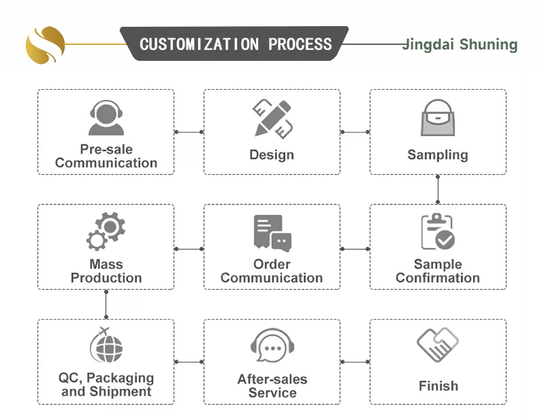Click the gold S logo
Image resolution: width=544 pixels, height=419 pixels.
tap(45, 45)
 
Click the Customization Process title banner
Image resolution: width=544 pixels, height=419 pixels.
tap(235, 43)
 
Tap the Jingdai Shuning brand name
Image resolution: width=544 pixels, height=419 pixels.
tap(460, 45)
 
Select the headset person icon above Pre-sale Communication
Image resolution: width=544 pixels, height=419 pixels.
tap(106, 118)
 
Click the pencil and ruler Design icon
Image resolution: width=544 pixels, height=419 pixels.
tap(272, 118)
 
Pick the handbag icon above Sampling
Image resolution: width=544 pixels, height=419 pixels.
tap(438, 118)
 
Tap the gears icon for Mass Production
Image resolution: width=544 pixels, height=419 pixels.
tap(106, 231)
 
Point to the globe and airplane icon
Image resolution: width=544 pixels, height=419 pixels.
tap(106, 347)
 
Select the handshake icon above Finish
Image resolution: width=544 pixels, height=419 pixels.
tap(438, 345)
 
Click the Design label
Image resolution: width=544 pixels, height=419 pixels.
tap(272, 154)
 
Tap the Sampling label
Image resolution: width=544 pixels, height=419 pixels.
tap(438, 154)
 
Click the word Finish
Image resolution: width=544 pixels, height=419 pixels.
tap(438, 385)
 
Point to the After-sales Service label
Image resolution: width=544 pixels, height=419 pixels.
tap(272, 386)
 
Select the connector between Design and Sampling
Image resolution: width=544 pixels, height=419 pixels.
tap(355, 132)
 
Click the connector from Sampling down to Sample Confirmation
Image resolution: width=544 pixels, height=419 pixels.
tap(438, 189)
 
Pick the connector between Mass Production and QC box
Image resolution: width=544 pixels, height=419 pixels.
tap(106, 304)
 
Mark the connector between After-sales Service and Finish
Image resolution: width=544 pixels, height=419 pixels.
tap(355, 362)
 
